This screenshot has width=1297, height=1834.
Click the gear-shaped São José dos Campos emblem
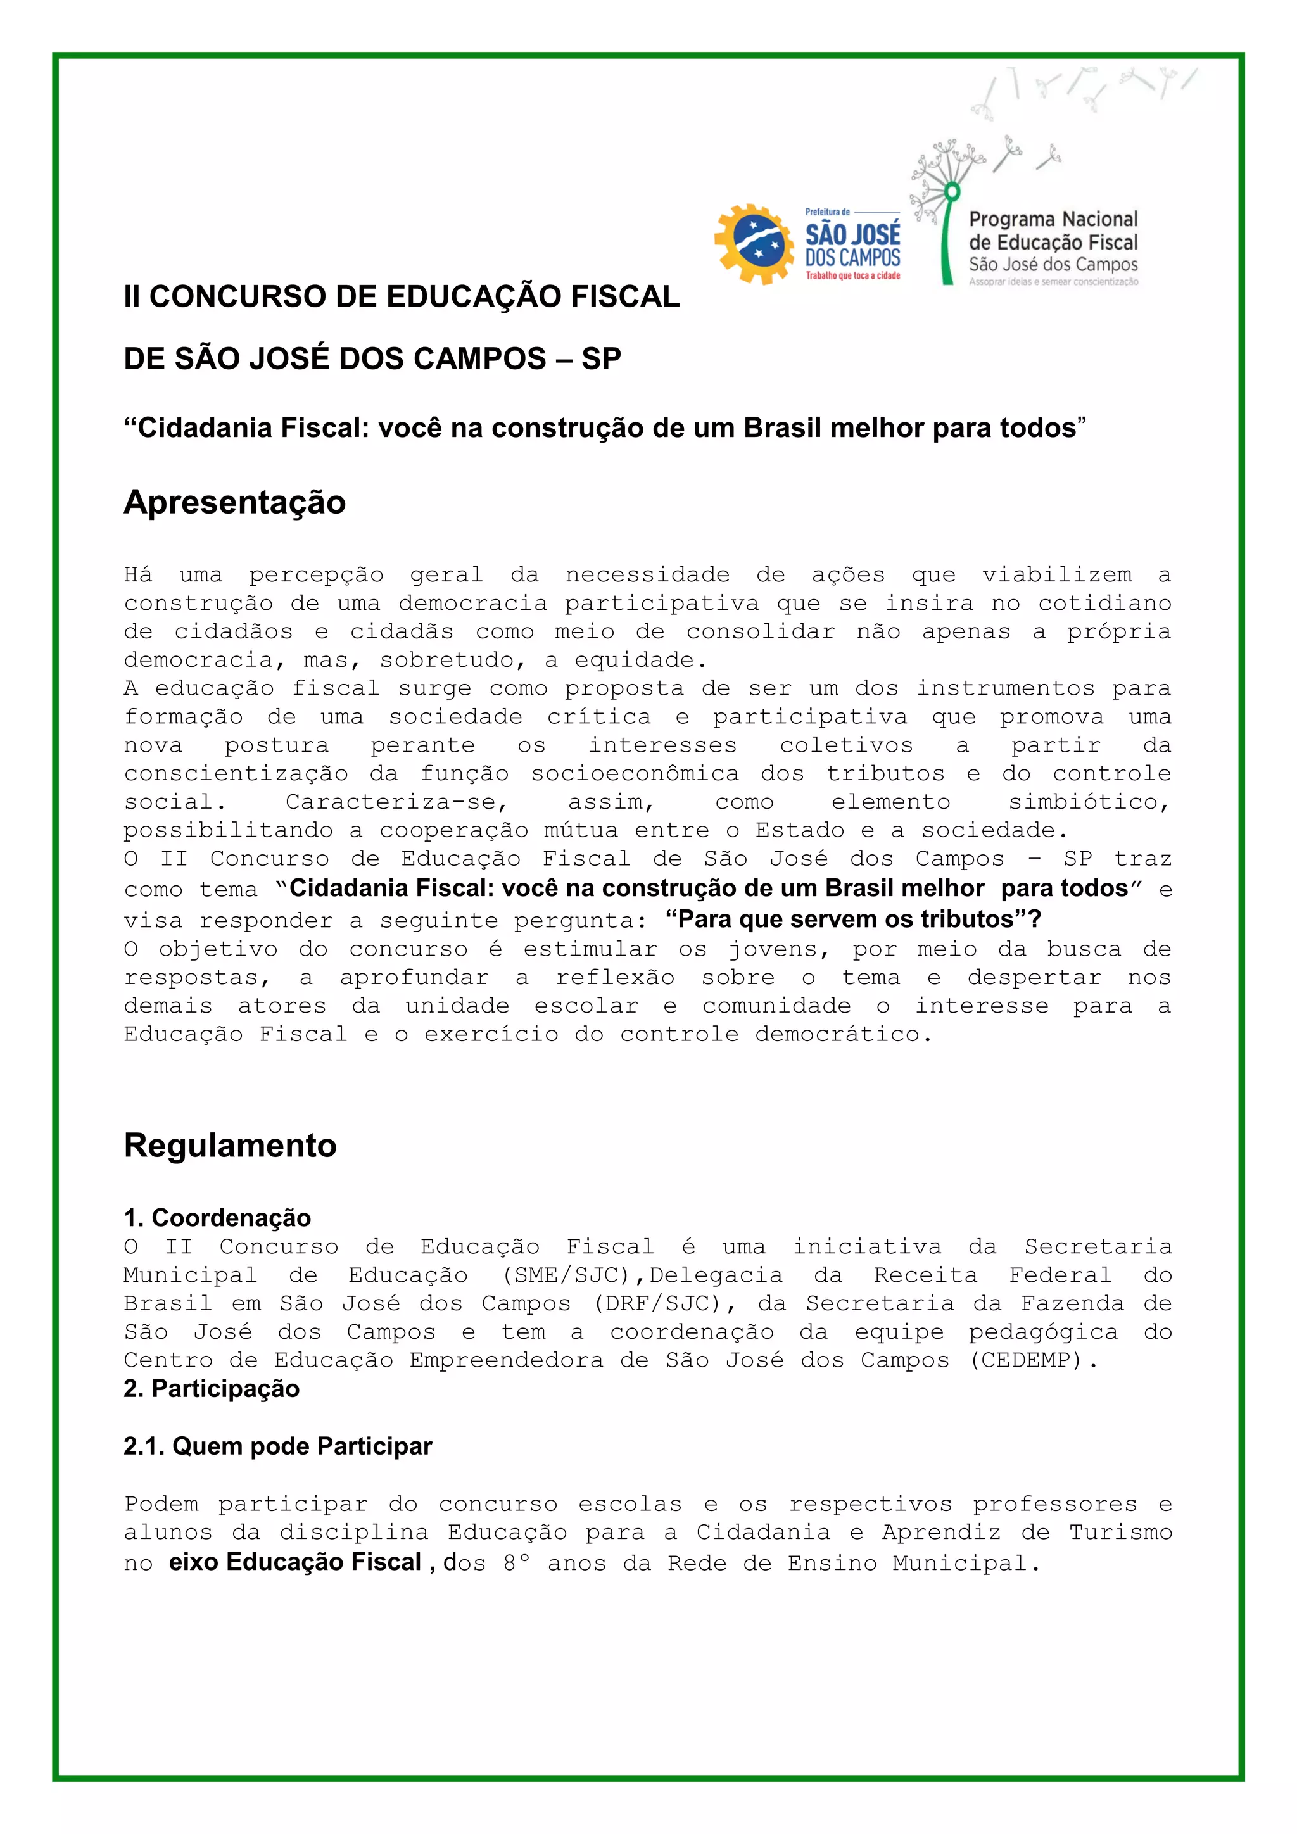coord(754,244)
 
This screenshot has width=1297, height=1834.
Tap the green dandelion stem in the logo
coord(946,239)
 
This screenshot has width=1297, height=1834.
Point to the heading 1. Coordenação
coord(217,1217)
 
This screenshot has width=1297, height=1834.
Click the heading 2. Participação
coord(212,1389)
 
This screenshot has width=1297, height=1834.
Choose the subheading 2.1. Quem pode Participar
coord(278,1446)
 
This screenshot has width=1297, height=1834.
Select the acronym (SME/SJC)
coord(566,1275)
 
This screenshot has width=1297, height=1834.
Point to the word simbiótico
coord(1089,802)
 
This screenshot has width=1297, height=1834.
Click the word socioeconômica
coord(635,774)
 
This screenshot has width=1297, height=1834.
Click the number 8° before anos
coord(516,1563)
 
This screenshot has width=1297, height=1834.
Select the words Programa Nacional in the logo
coord(1053,220)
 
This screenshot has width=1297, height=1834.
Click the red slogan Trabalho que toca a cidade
coord(852,275)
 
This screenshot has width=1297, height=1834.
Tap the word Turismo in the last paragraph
coord(1120,1533)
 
